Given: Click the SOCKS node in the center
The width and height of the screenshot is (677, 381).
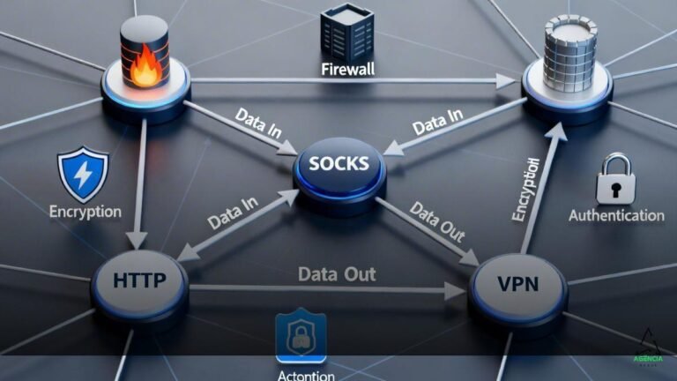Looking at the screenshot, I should pos(339,165).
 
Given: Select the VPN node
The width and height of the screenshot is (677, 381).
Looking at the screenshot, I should pos(517,285).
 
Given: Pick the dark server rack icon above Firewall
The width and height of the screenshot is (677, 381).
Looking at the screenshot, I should pos(346,32).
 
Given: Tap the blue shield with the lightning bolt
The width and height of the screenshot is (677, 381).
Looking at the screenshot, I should pos(83,175).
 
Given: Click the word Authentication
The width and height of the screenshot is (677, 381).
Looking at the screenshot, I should pos(616,214).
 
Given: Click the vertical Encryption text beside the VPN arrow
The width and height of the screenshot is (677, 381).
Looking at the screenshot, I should pos(525,190).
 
